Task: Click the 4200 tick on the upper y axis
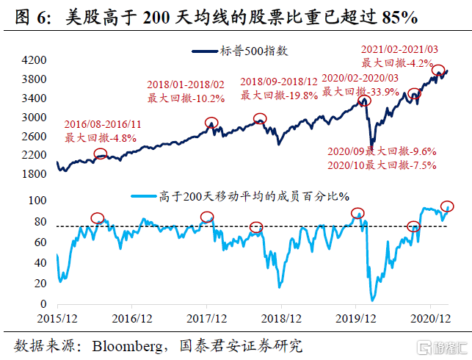36,60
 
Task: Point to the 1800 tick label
36,174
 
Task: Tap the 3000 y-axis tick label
36,118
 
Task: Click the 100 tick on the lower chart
37,201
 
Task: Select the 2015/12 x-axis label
57,319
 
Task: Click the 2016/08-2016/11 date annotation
104,125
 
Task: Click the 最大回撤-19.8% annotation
279,94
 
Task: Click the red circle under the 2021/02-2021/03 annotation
438,71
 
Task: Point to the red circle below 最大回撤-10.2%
211,123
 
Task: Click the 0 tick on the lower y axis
44,304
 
